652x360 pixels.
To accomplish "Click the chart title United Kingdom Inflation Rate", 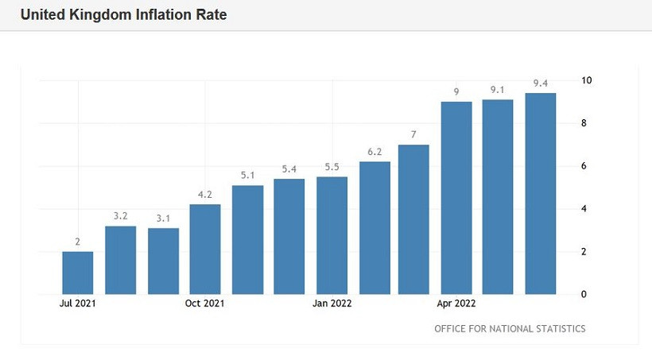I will [123, 15].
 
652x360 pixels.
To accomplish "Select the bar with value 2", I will [78, 273].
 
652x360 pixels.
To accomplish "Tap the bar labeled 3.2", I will [120, 260].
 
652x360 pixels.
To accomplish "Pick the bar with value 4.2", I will [205, 249].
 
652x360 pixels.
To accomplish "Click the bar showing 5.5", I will [332, 235].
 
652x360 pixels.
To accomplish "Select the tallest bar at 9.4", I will [540, 193].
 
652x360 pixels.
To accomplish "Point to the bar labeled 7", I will [413, 219].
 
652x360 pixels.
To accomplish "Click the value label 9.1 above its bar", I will [498, 89].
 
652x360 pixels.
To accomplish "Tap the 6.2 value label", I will [374, 151].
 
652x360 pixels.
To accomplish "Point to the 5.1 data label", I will [247, 175].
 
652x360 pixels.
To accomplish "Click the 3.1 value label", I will [163, 218].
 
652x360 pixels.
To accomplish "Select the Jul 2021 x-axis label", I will [78, 303].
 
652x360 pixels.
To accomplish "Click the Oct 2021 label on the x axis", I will [205, 303].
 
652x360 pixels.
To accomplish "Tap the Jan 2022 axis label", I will [332, 303].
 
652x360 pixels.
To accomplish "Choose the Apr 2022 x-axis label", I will [456, 303].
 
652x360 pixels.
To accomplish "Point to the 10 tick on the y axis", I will [586, 80].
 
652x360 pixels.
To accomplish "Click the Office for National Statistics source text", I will [510, 328].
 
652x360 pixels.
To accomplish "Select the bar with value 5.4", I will [289, 237].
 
